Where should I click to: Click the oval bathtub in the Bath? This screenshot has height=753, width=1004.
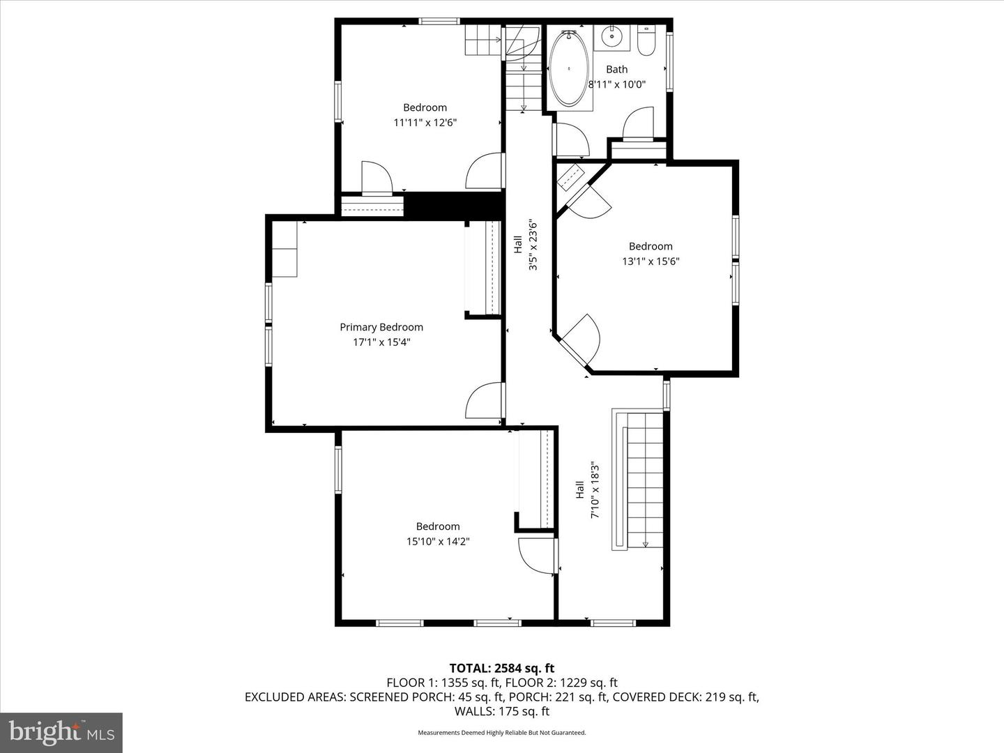pos(569,69)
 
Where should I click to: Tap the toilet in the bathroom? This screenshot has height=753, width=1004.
pos(646,42)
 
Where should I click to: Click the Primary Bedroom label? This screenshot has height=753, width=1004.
pos(381,327)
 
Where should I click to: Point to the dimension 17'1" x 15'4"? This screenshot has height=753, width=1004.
pos(381,342)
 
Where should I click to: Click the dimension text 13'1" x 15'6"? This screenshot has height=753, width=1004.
pos(651,261)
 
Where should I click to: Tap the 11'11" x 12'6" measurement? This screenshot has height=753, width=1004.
pos(425,123)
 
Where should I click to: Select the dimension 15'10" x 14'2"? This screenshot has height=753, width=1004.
pos(438,542)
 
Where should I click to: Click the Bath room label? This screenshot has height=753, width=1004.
pos(616,69)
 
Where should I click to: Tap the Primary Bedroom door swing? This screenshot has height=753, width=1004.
pos(485,401)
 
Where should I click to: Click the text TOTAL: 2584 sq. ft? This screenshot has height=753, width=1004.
pos(501,669)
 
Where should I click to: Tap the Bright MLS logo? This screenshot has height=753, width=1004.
pos(61,732)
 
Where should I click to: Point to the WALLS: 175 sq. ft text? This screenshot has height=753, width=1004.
pos(501,711)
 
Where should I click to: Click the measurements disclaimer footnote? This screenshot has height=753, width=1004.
pos(501,733)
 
